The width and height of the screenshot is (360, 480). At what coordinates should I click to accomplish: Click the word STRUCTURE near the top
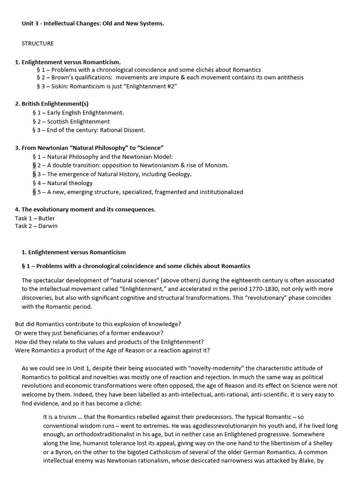[37, 44]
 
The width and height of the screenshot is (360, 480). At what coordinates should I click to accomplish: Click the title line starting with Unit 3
[93, 23]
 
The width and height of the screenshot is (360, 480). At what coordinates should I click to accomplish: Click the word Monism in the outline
[217, 165]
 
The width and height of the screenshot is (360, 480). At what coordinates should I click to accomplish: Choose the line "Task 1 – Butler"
[35, 218]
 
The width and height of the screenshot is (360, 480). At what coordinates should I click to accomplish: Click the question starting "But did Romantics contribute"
[98, 324]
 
